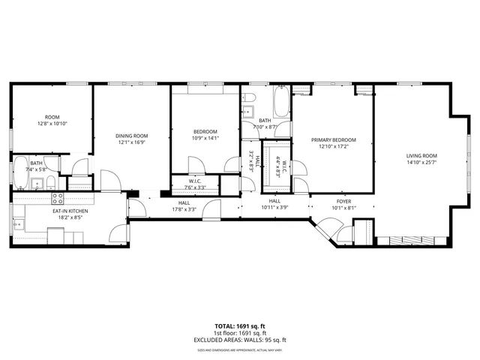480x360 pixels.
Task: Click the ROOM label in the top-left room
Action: tap(52, 116)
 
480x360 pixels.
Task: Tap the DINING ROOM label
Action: tap(130, 136)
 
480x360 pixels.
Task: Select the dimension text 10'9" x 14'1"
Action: tap(205, 138)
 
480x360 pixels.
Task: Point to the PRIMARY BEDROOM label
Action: tap(334, 140)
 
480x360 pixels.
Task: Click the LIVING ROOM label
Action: tap(421, 155)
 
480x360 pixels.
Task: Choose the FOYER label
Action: tap(343, 201)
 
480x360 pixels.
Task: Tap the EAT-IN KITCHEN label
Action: tap(70, 211)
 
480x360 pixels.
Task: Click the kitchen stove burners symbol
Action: tap(57, 199)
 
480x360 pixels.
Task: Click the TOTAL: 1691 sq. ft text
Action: tap(240, 326)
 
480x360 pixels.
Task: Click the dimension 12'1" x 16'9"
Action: tap(130, 142)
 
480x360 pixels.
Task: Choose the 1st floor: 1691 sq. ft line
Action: tap(240, 333)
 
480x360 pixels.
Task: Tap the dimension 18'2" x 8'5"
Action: tap(70, 217)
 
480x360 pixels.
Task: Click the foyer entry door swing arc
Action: tap(325, 225)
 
